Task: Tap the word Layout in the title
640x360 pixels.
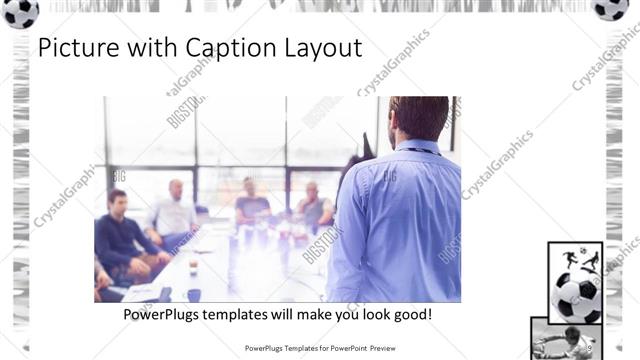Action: pos(324,48)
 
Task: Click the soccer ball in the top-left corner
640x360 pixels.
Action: pos(20,11)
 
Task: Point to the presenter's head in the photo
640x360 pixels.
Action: pos(418,117)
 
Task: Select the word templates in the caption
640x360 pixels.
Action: pos(250,314)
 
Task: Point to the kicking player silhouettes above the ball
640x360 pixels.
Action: pos(578,259)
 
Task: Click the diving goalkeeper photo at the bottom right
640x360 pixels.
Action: pos(566,340)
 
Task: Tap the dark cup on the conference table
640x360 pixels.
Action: pos(193,294)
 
